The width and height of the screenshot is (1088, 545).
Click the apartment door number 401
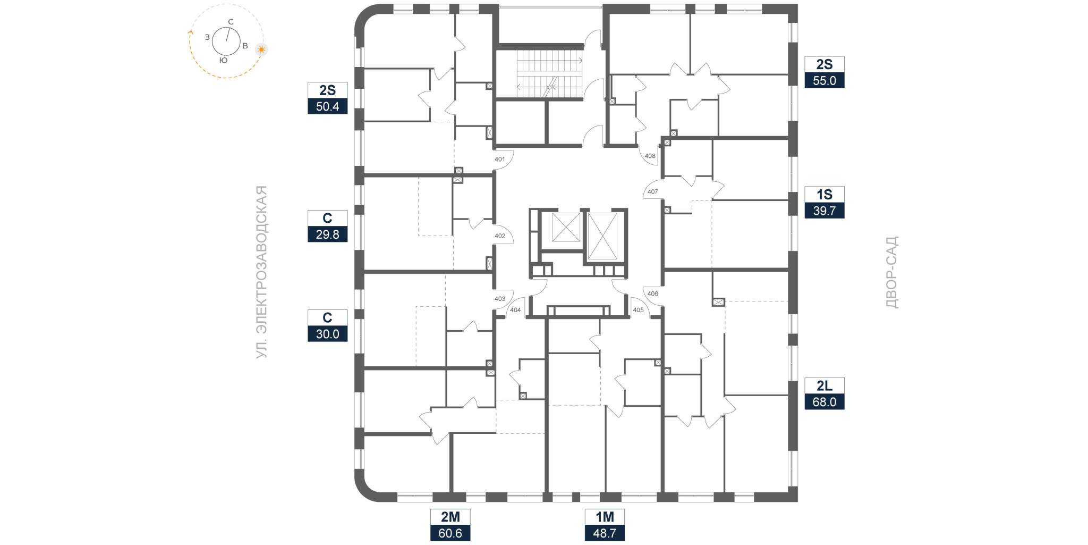[499, 159]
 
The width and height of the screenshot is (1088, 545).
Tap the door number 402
[500, 236]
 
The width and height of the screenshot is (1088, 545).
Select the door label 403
[500, 299]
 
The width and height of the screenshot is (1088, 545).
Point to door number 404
[515, 310]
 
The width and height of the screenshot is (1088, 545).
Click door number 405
[638, 310]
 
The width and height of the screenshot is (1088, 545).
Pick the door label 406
[652, 294]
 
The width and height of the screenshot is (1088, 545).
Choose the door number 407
[652, 192]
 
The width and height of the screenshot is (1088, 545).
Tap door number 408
[650, 156]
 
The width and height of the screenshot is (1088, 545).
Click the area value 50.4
[327, 106]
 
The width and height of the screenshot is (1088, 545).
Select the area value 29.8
[327, 234]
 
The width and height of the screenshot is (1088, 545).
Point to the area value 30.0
[327, 334]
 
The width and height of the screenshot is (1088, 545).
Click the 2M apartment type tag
[450, 517]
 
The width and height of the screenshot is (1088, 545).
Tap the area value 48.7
[605, 533]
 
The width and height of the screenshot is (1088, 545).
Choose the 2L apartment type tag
[824, 385]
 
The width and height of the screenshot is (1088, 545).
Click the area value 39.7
[824, 211]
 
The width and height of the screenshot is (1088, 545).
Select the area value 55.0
[824, 80]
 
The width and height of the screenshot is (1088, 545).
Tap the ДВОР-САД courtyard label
[892, 272]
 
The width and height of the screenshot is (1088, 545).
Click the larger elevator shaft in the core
[602, 236]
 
